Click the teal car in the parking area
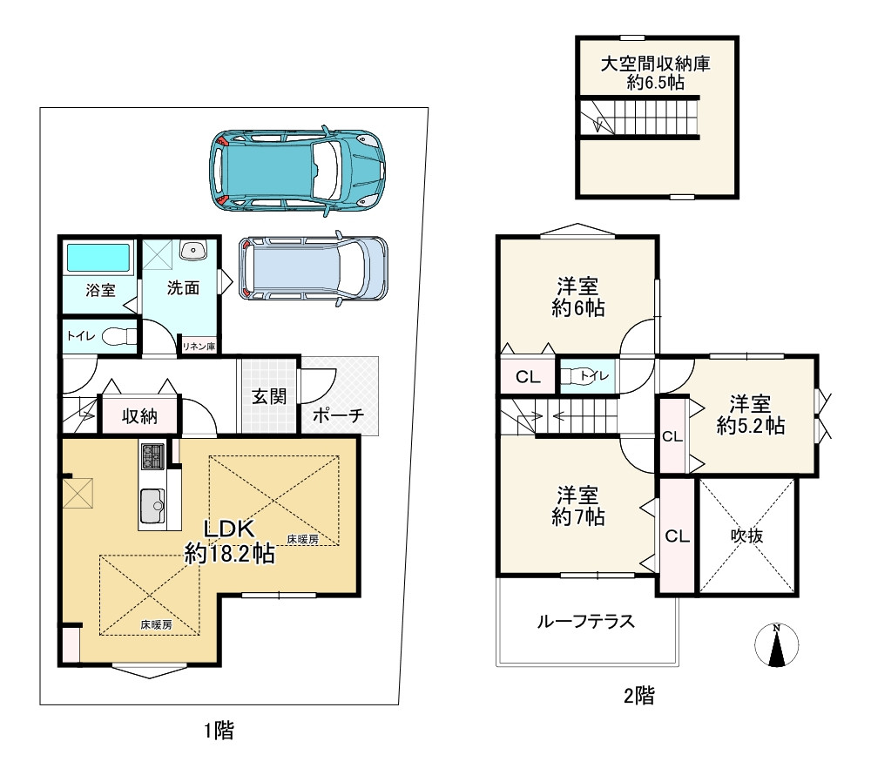[297, 171]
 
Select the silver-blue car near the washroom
[313, 270]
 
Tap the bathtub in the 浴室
[98, 258]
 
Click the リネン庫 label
[199, 347]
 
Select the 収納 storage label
[139, 416]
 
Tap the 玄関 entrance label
[269, 396]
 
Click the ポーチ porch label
[337, 416]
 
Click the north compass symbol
[775, 646]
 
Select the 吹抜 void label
[746, 536]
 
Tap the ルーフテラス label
[584, 622]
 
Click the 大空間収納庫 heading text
[655, 64]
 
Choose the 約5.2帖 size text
[751, 426]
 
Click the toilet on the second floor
[579, 376]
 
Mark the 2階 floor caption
[638, 695]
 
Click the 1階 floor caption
[219, 731]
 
